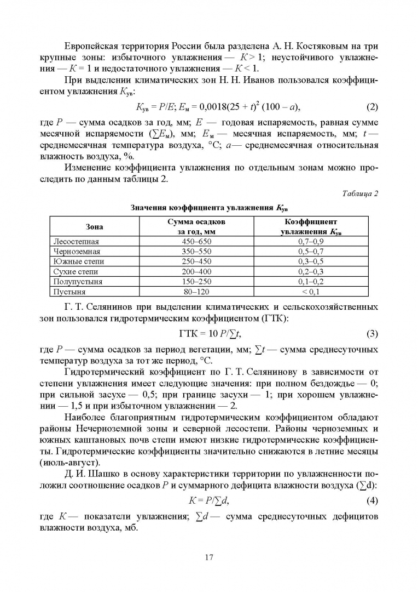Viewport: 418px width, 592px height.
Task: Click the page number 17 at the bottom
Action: tap(208, 557)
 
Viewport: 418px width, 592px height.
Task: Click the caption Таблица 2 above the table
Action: tap(361, 193)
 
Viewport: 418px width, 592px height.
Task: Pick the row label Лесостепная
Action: tap(76, 241)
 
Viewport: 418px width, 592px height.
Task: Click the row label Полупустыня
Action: tap(78, 281)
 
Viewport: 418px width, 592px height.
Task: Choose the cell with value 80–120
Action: tap(196, 291)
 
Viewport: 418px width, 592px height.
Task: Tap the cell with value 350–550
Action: tap(196, 251)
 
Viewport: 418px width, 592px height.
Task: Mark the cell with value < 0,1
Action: tap(310, 291)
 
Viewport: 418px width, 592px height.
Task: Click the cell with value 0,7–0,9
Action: tap(310, 241)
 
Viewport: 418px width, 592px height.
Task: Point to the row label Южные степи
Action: tap(79, 261)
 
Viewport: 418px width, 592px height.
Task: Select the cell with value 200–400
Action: tap(196, 271)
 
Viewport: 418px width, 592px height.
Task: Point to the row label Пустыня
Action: tap(70, 291)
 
